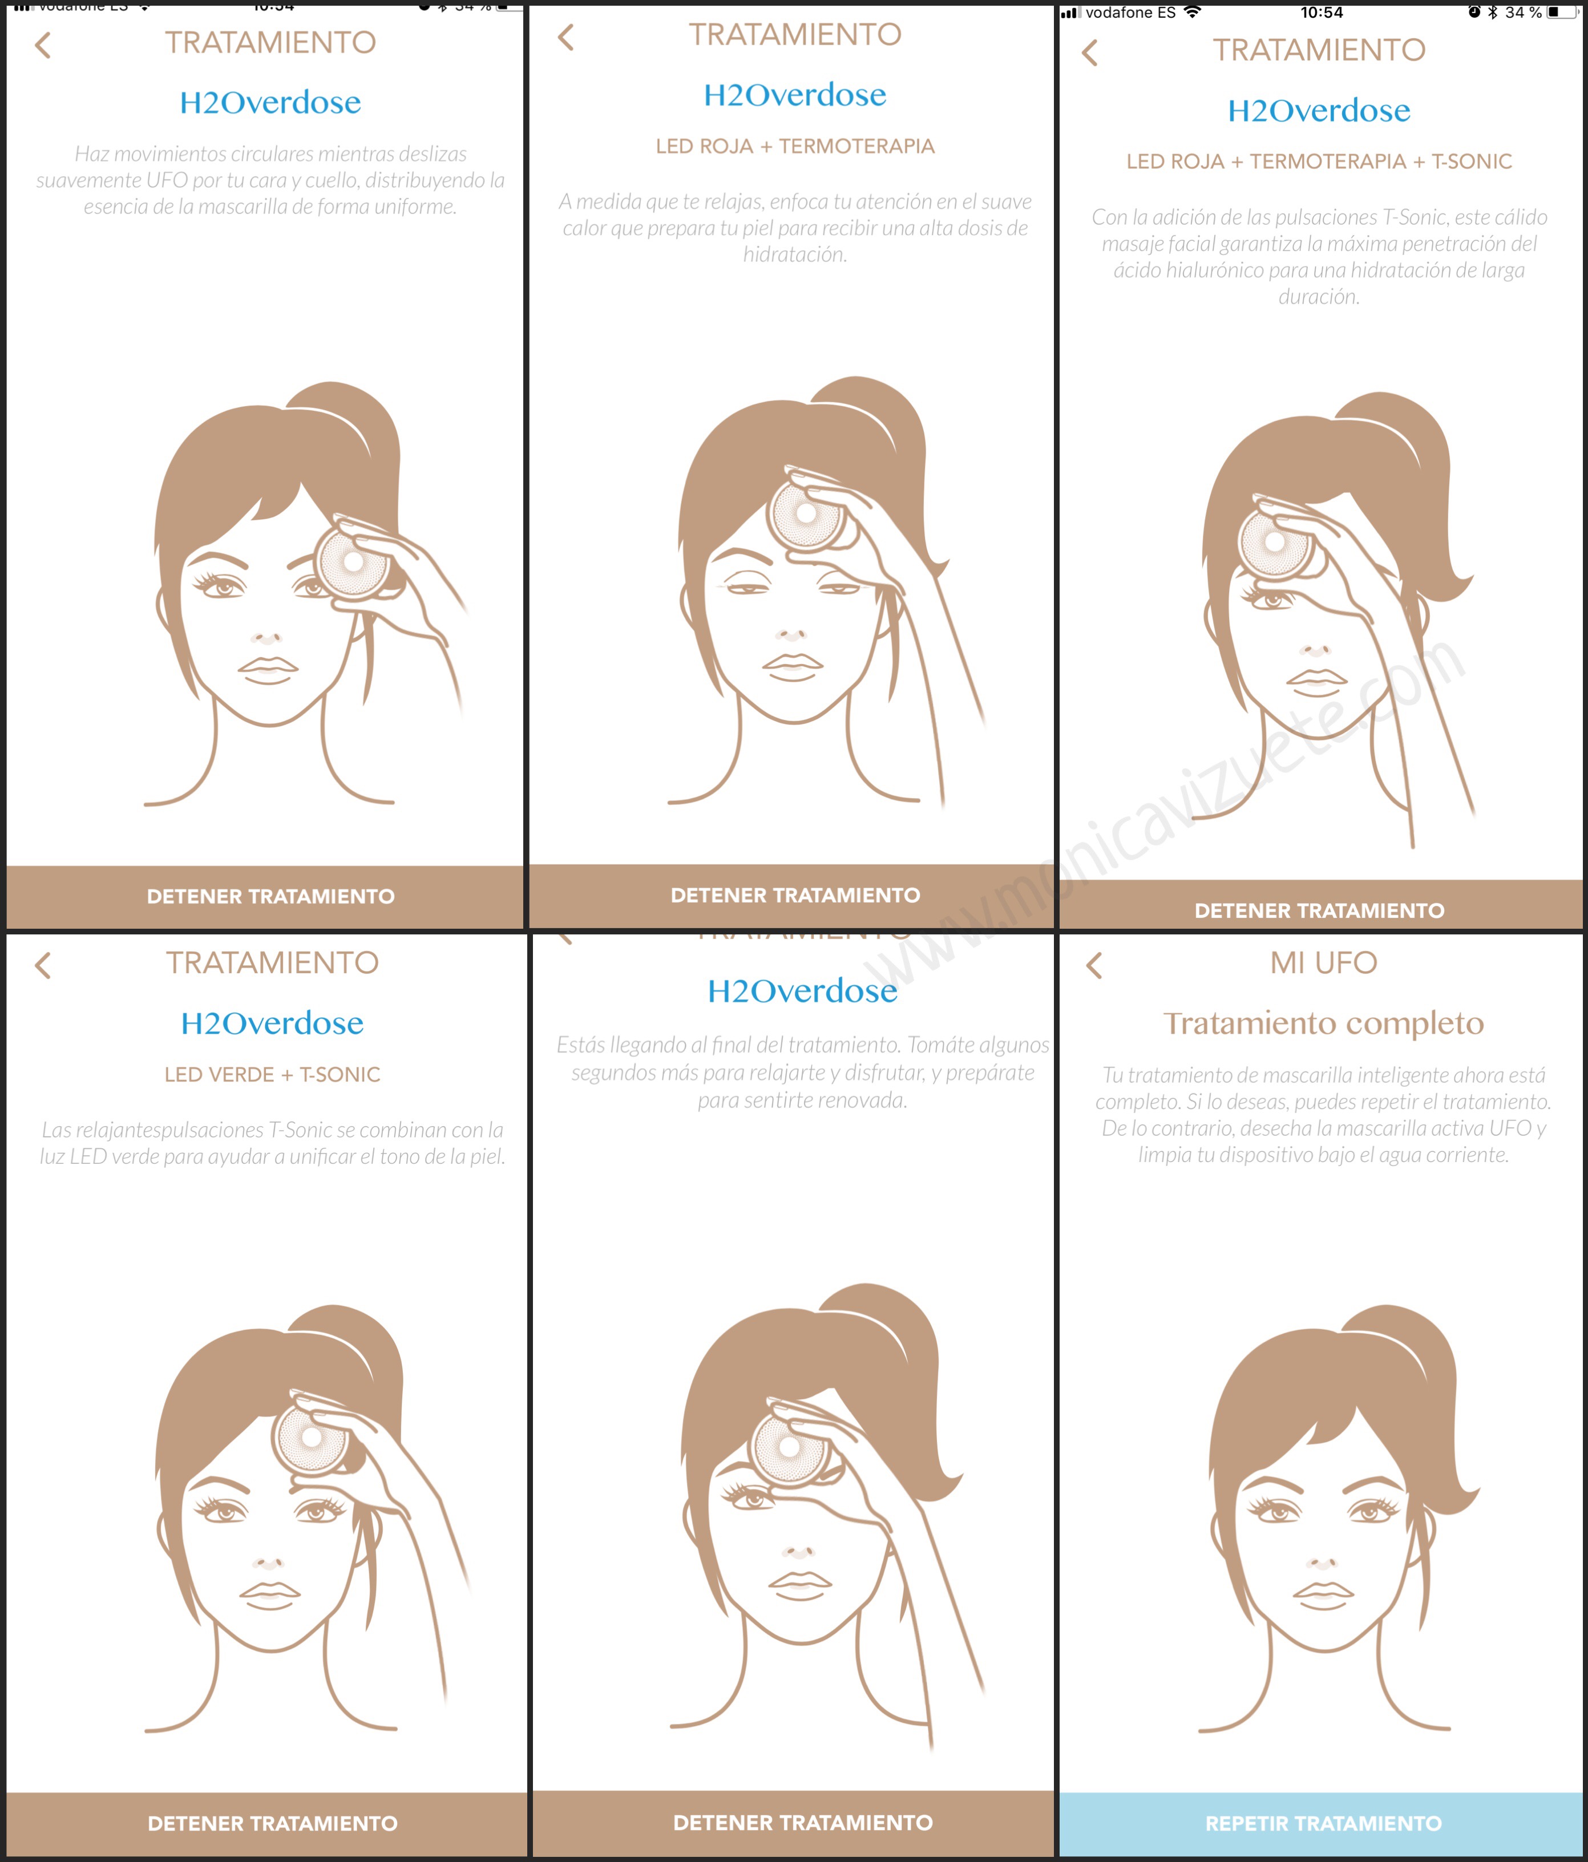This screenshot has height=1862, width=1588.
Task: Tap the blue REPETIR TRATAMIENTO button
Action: click(x=1321, y=1823)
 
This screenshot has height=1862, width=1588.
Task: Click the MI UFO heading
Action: click(x=1323, y=962)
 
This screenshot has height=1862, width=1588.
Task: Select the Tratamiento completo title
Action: click(x=1323, y=1023)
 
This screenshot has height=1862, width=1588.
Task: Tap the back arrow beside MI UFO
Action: click(x=1094, y=965)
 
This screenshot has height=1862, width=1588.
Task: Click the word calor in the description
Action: click(x=584, y=228)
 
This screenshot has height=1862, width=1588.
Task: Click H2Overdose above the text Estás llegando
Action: click(x=802, y=990)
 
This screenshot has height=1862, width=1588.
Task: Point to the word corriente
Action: click(x=1470, y=1155)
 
